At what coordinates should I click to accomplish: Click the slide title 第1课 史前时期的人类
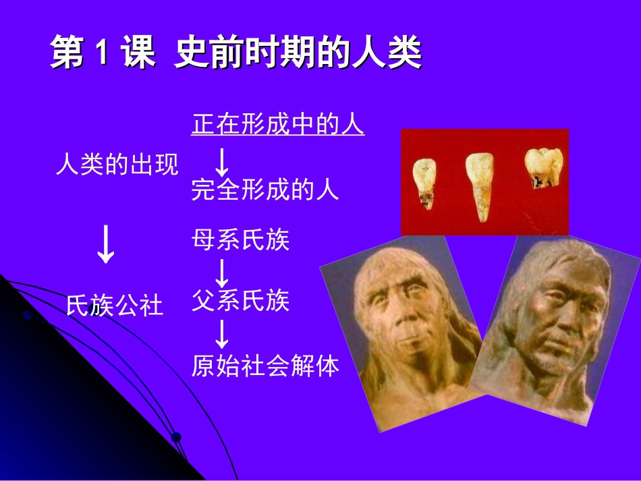tap(236, 54)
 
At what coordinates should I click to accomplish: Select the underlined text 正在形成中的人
tap(278, 125)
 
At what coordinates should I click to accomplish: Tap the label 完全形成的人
tap(265, 190)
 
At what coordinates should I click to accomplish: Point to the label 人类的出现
tap(117, 164)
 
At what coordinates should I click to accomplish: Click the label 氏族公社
tap(115, 306)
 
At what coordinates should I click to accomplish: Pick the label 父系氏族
tap(241, 300)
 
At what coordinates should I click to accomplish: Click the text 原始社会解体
tap(265, 366)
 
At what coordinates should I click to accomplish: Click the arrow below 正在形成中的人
tap(221, 161)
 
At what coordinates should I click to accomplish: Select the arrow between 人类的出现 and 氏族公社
tap(106, 246)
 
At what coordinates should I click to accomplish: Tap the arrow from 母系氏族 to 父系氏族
tap(221, 272)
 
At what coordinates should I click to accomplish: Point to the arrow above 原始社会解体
tap(221, 334)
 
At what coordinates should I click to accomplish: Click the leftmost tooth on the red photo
tap(424, 183)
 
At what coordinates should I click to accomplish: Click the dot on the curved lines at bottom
tap(175, 436)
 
